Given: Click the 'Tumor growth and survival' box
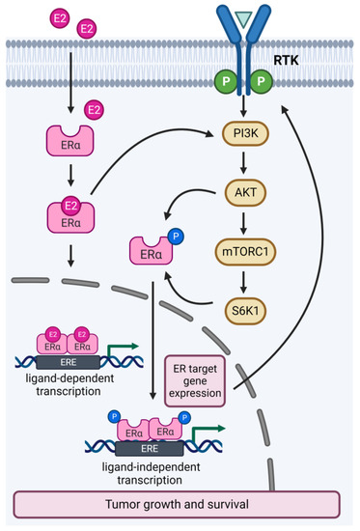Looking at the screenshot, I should (177, 503).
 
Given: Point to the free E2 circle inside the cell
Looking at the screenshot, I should (95, 112).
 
